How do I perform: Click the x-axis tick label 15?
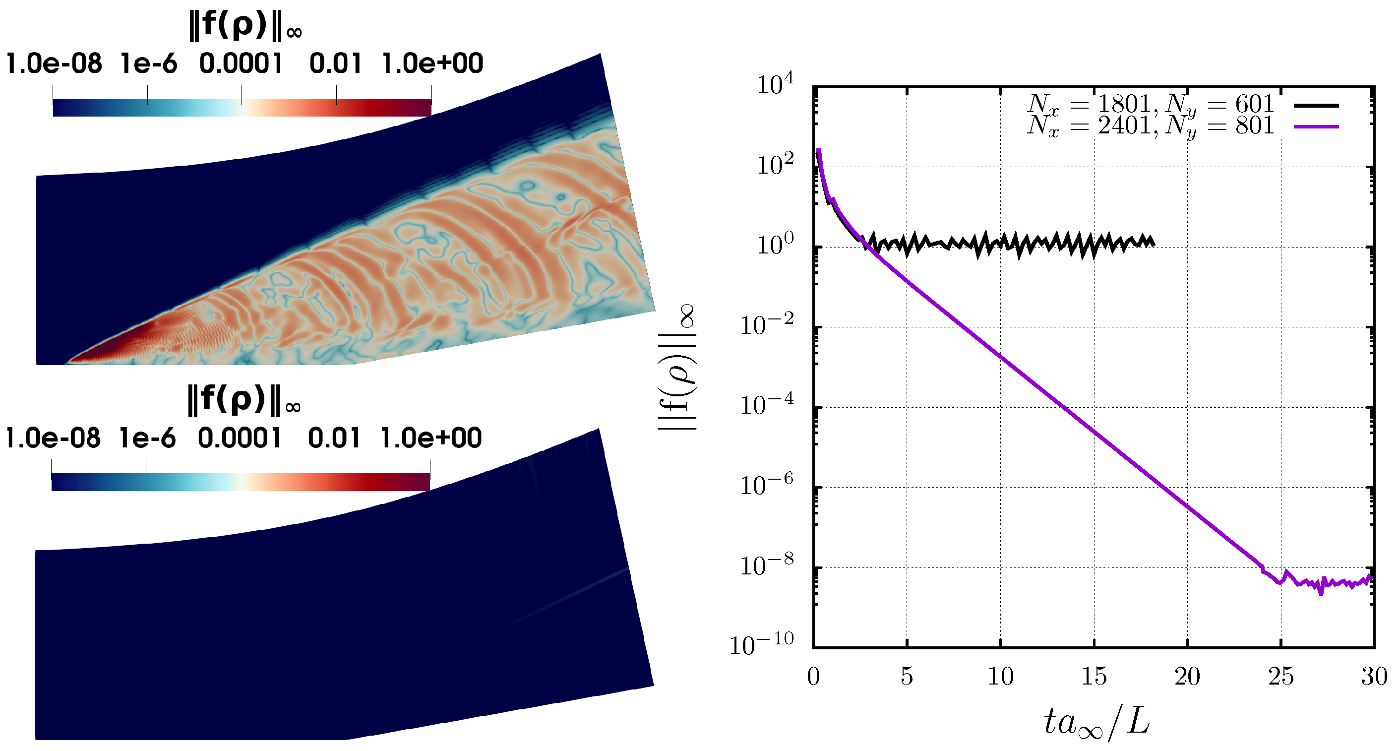coord(1094,677)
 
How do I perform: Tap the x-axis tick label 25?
coord(1280,677)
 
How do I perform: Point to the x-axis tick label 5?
coord(907,677)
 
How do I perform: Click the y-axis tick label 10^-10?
coord(761,645)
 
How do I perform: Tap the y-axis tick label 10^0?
coord(775,245)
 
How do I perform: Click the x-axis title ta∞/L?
coord(1096,723)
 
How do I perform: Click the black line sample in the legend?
coord(1316,105)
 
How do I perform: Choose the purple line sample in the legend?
coord(1316,126)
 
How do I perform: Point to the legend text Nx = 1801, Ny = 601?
coord(1150,104)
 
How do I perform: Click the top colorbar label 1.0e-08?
coord(54,63)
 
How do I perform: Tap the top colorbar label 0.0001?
coord(241,63)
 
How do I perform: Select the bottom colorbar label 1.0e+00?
coord(430,438)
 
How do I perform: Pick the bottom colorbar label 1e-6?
coord(147,438)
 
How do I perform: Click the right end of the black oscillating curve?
coord(1153,243)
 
